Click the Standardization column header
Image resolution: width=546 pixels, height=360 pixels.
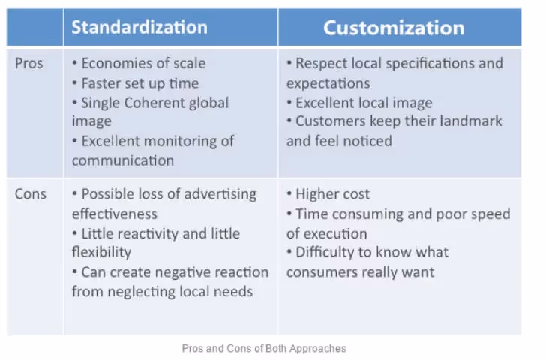pyautogui.click(x=139, y=28)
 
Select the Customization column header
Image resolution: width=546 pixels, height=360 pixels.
pyautogui.click(x=394, y=28)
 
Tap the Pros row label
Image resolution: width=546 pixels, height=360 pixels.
pyautogui.click(x=30, y=64)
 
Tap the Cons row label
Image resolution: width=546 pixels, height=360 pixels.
pyautogui.click(x=31, y=194)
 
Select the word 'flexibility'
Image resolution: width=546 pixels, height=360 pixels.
pyautogui.click(x=101, y=252)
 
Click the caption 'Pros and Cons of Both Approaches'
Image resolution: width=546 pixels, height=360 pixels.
pyautogui.click(x=264, y=349)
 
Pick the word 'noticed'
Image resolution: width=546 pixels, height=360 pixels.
pyautogui.click(x=366, y=141)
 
